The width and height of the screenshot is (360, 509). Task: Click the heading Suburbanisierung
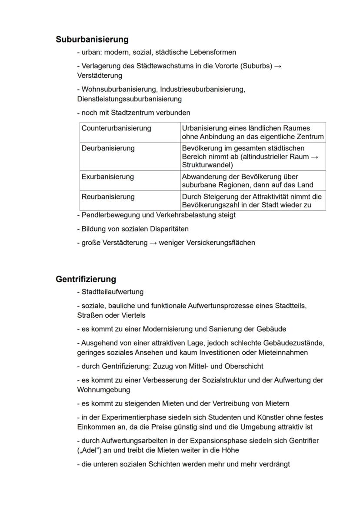[92, 40]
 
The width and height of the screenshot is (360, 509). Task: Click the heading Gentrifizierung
[86, 279]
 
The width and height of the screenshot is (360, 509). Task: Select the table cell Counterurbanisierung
[116, 128]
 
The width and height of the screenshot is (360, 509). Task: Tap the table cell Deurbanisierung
[108, 148]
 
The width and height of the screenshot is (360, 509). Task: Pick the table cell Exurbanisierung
[107, 177]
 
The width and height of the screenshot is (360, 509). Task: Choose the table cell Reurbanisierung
[108, 197]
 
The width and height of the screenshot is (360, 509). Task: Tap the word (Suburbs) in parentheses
[256, 66]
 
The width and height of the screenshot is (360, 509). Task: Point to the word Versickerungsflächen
[220, 243]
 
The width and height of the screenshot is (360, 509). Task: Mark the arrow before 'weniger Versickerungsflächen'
[153, 243]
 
